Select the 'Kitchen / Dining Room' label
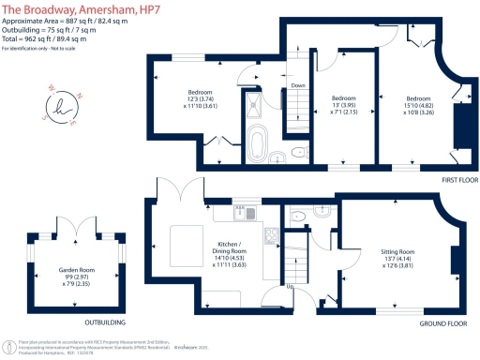[224, 246]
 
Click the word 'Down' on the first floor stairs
[297, 85]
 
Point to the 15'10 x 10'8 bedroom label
[419, 103]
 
